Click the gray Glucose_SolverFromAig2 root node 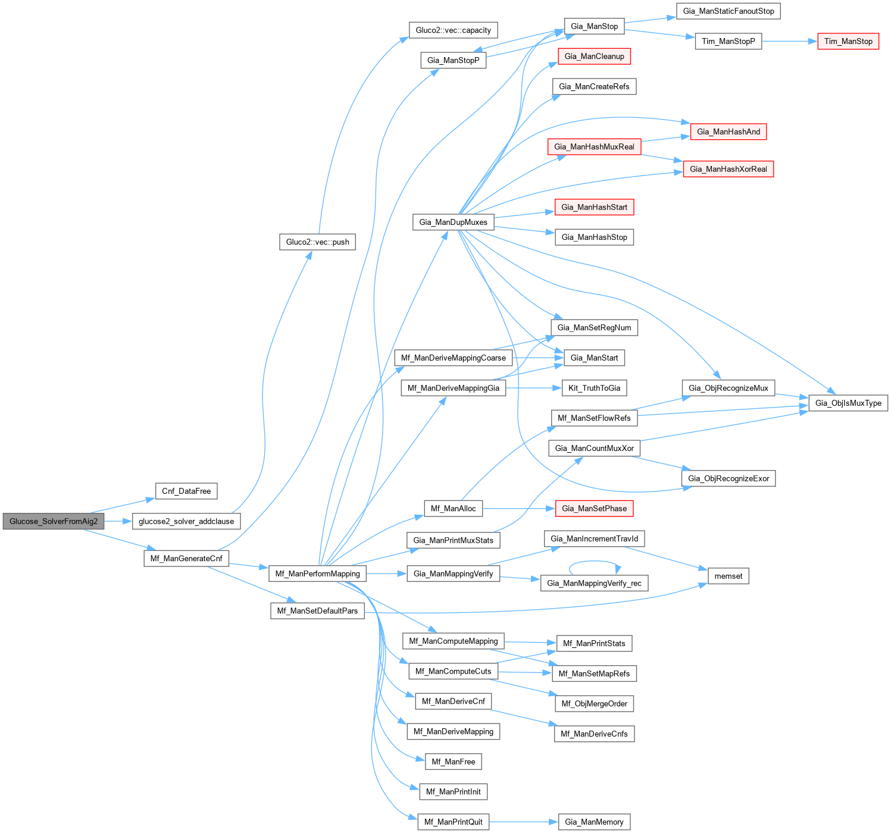pos(54,521)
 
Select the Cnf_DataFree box pos(186,491)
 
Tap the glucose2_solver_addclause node pos(186,521)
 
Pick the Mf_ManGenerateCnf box pos(186,558)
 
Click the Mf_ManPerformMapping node pos(318,574)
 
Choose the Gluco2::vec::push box pos(317,242)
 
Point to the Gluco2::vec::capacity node pos(453,30)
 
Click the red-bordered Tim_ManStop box pos(848,41)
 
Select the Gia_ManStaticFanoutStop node pos(729,11)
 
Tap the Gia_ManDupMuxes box pos(453,222)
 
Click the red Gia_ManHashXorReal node pos(729,169)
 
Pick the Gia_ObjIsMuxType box pos(848,403)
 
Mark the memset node pos(729,576)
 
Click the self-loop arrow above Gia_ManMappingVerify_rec pos(595,561)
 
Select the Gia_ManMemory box pos(594,822)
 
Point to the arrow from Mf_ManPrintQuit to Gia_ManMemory pos(524,822)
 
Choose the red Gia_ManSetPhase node pos(594,508)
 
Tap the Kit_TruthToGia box pos(594,388)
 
